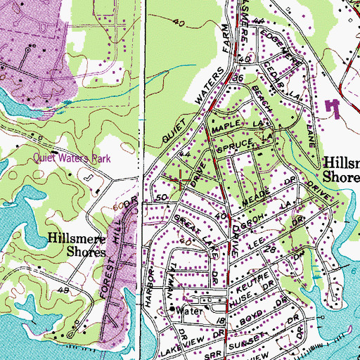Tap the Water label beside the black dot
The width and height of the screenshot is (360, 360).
coord(189,310)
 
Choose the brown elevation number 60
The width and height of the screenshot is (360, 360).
coord(117,205)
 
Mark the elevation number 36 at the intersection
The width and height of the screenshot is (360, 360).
coord(238,79)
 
